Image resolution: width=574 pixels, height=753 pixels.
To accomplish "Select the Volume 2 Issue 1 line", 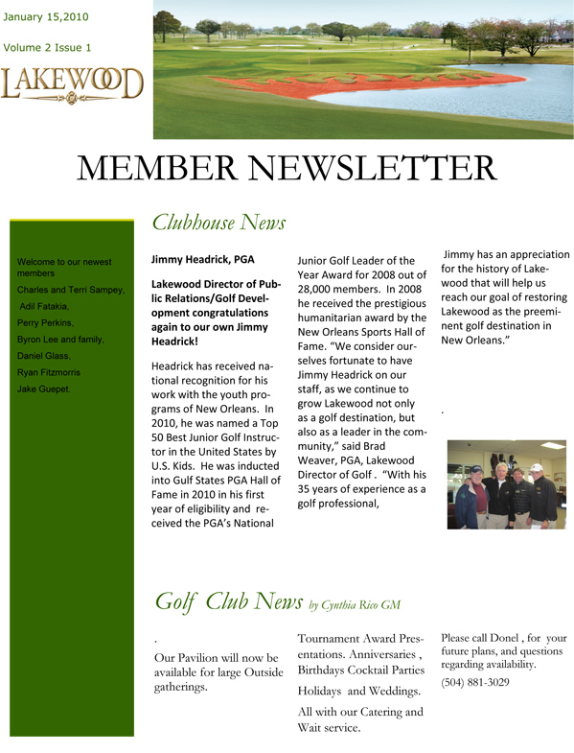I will pyautogui.click(x=48, y=47).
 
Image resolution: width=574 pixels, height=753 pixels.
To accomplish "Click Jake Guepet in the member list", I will pyautogui.click(x=43, y=388).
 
